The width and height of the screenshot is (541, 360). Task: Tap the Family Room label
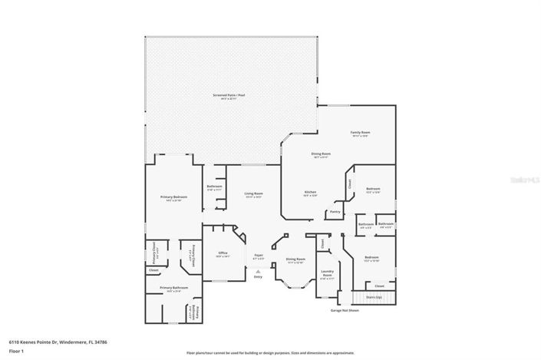pos(360,133)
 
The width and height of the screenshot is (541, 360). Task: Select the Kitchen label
pos(311,192)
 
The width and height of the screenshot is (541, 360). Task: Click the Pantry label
pos(335,211)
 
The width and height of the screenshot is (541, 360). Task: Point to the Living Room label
pos(254,193)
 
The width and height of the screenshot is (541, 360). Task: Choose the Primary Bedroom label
pos(174,197)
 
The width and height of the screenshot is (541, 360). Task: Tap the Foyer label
pos(259,255)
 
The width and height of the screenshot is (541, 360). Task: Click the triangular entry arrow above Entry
pos(259,271)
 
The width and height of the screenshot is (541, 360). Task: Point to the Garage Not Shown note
pos(345,311)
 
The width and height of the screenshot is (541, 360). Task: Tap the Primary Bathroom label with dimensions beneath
pos(173,288)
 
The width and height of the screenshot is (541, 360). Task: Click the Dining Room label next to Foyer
pos(295,259)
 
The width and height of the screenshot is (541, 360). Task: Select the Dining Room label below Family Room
pos(321,154)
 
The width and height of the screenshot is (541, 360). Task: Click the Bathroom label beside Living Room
pos(214,187)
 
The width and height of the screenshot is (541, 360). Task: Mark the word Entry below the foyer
pos(259,278)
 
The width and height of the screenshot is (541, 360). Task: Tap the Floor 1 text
pos(16,351)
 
